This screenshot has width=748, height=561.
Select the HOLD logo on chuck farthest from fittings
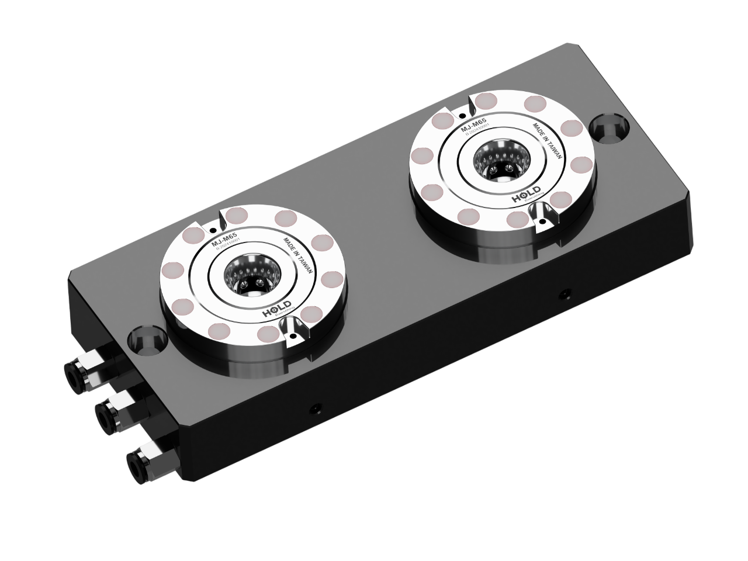point(525,197)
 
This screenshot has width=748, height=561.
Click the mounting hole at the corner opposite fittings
point(605,127)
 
